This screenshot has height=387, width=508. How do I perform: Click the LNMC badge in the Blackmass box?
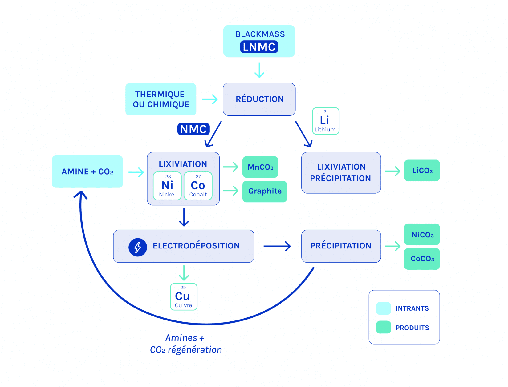pyautogui.click(x=259, y=47)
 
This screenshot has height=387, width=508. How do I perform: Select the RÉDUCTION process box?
pyautogui.click(x=259, y=99)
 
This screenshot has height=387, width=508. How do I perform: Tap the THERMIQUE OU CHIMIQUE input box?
pyautogui.click(x=161, y=99)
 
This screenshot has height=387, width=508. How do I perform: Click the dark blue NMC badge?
pyautogui.click(x=193, y=129)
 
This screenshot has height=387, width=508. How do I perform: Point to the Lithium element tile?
pyautogui.click(x=326, y=121)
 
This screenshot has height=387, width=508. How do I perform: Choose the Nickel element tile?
pyautogui.click(x=167, y=186)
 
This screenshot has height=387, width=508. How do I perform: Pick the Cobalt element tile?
pyautogui.click(x=198, y=186)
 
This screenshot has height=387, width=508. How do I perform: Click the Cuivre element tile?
pyautogui.click(x=184, y=297)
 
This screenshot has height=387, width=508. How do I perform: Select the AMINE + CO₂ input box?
pyautogui.click(x=87, y=171)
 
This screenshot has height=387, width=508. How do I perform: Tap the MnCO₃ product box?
pyautogui.click(x=260, y=167)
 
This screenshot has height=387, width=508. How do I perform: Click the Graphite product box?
pyautogui.click(x=265, y=191)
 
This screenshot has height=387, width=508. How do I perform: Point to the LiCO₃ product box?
pyautogui.click(x=422, y=171)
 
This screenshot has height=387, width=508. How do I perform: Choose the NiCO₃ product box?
pyautogui.click(x=422, y=235)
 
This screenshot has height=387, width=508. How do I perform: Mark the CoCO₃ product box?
pyautogui.click(x=422, y=259)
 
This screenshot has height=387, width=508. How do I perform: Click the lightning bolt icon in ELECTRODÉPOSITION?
pyautogui.click(x=138, y=247)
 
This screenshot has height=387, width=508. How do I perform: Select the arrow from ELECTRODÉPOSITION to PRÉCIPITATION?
pyautogui.click(x=277, y=246)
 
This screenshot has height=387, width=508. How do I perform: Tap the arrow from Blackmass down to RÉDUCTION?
pyautogui.click(x=259, y=70)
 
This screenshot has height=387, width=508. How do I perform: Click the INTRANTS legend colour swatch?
pyautogui.click(x=384, y=308)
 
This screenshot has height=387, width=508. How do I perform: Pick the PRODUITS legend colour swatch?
pyautogui.click(x=384, y=327)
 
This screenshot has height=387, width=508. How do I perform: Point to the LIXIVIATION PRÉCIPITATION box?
pyautogui.click(x=341, y=173)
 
